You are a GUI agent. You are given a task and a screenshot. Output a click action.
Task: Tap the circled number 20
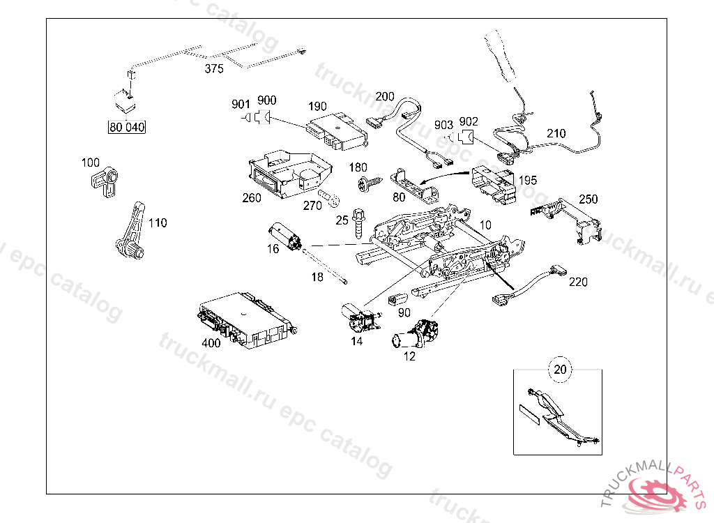(561, 369)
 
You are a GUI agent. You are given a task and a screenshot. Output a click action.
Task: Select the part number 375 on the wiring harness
(215, 68)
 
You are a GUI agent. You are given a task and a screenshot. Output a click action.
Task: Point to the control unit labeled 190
(338, 132)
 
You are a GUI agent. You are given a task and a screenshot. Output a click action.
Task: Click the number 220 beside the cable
(578, 282)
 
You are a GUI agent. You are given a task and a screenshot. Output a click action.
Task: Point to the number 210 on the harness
(556, 134)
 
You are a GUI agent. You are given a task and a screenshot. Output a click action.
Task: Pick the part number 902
(469, 121)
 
